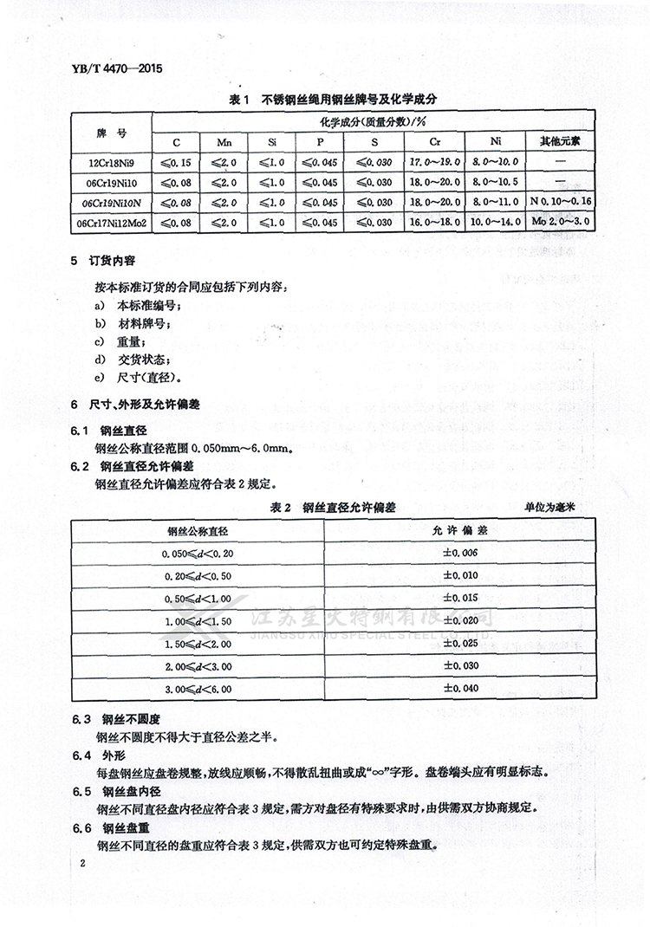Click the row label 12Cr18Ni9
(109, 161)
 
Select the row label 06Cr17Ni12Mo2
(109, 223)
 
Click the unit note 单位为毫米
(553, 508)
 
